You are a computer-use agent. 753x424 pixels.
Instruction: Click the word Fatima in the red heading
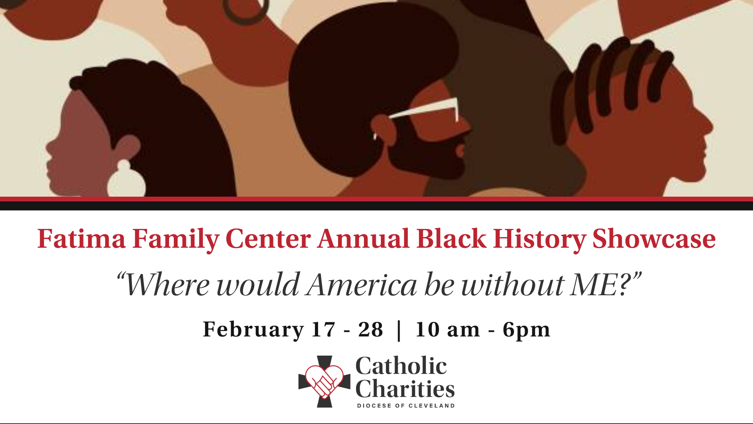[82, 239]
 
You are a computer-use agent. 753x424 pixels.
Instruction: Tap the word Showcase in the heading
[654, 239]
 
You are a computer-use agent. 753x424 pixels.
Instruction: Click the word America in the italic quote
[362, 285]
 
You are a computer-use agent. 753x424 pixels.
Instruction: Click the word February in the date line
[253, 330]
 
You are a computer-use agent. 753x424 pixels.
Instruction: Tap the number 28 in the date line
[370, 329]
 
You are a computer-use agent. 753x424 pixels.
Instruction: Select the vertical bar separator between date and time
[399, 331]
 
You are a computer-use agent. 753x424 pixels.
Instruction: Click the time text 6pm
[526, 330]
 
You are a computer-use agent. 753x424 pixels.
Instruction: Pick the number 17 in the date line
[324, 329]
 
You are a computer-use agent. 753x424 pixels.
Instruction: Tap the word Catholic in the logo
[401, 366]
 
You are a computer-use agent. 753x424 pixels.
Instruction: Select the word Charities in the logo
[405, 389]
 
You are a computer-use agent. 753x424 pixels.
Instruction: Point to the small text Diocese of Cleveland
[406, 406]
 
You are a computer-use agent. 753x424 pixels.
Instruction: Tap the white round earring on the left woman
[126, 179]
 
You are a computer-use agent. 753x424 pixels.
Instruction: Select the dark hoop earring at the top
[246, 11]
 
